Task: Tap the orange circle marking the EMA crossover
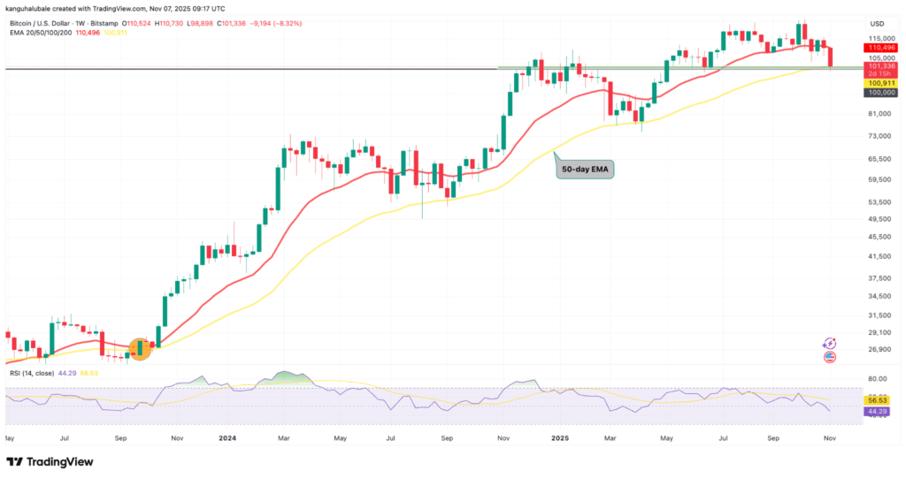[141, 348]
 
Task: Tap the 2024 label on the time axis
[228, 436]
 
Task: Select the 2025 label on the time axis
[558, 436]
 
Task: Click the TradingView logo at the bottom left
[50, 462]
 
